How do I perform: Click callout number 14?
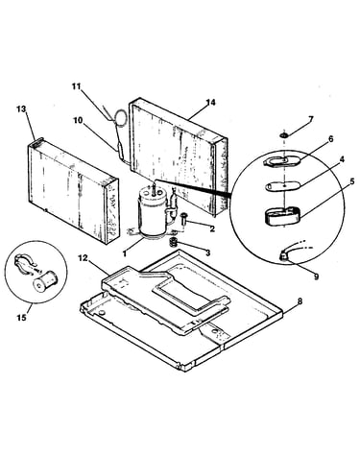click(210, 103)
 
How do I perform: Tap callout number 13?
click(21, 109)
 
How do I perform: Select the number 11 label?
click(76, 86)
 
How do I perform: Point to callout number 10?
click(78, 120)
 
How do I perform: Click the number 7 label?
click(311, 119)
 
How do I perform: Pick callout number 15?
click(22, 318)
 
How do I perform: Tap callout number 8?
click(300, 301)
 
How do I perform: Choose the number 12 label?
click(83, 258)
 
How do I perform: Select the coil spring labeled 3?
click(173, 243)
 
